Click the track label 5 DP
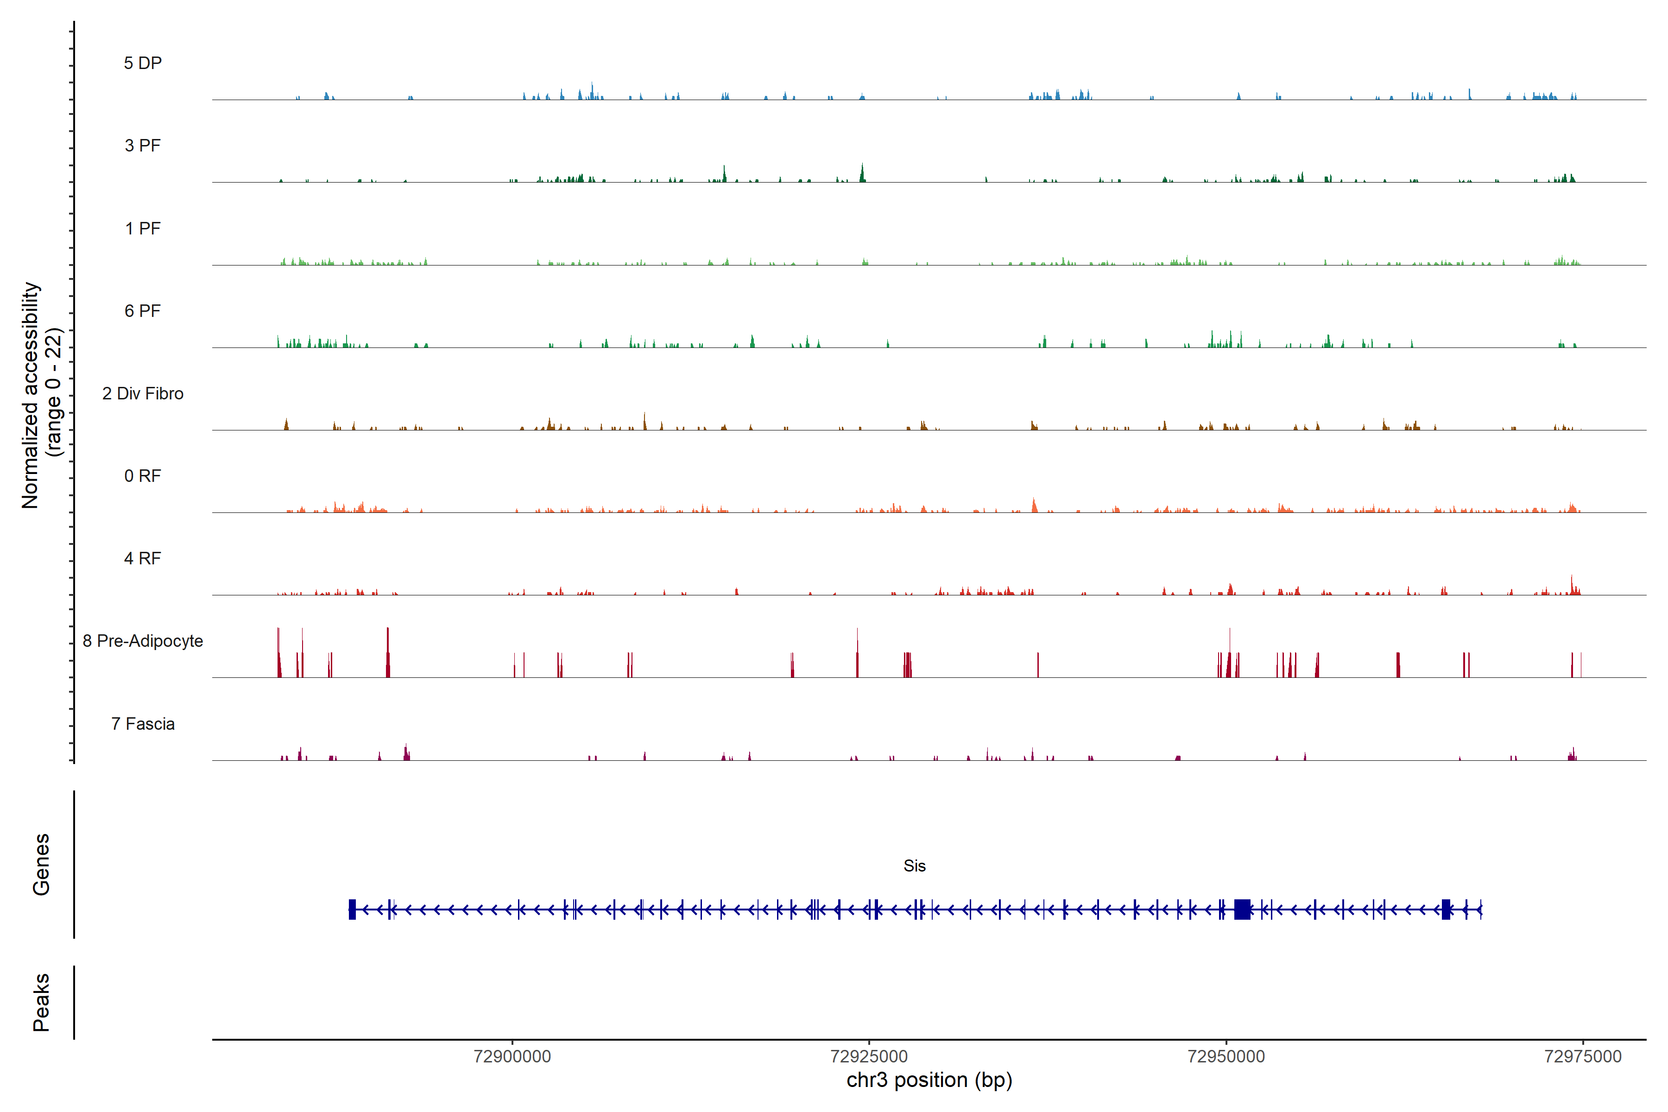(x=143, y=63)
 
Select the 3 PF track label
(x=143, y=145)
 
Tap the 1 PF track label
(x=143, y=228)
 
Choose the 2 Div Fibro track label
(x=143, y=393)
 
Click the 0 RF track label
(x=143, y=476)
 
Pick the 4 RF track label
(x=143, y=558)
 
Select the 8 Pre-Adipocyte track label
(x=143, y=641)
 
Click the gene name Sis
(x=914, y=866)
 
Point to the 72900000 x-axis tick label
(x=512, y=1057)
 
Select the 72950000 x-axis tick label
(x=1226, y=1057)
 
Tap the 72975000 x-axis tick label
(x=1582, y=1057)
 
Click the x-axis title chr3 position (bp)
(x=929, y=1080)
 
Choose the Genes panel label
(x=41, y=865)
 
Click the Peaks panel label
(x=41, y=1002)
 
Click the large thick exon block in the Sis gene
(x=1242, y=909)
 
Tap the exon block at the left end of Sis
(x=352, y=909)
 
